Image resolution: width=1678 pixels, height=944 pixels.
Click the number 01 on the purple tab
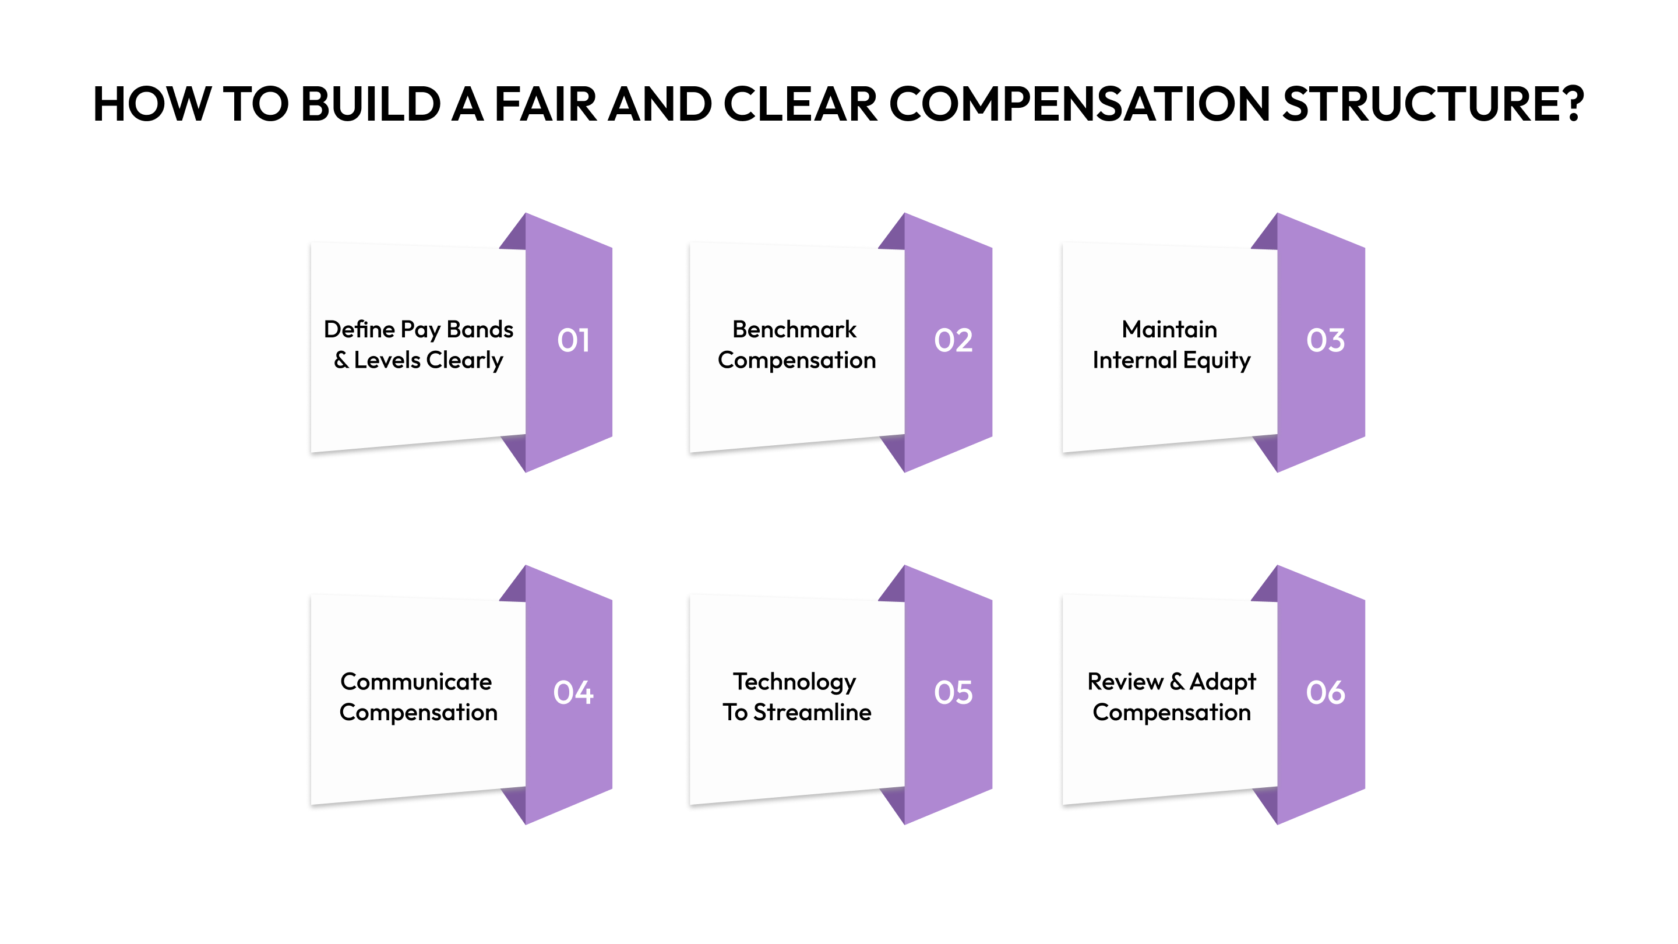[x=573, y=340]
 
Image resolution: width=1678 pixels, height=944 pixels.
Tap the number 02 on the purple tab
[x=953, y=340]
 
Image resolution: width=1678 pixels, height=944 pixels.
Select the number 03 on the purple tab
[x=1325, y=340]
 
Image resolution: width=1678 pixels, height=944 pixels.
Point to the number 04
[x=573, y=692]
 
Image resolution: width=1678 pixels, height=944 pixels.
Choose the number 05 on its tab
[x=953, y=692]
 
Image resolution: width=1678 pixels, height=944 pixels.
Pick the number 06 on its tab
[x=1325, y=692]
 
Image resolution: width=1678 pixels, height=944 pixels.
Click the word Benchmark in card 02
[x=794, y=330]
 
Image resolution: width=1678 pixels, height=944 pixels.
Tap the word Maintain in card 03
[x=1169, y=330]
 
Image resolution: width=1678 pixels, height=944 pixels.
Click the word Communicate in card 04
[x=415, y=682]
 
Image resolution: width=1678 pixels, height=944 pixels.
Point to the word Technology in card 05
[x=794, y=683]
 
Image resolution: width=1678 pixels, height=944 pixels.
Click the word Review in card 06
[x=1125, y=682]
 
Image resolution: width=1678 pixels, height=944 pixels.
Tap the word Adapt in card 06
[x=1223, y=683]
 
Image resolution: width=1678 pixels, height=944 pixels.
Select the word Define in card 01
[x=359, y=330]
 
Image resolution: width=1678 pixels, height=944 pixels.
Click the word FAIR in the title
[x=545, y=104]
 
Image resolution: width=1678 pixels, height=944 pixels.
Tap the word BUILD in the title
[x=371, y=104]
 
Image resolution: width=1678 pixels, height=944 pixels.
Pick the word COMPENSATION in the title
[x=1078, y=104]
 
